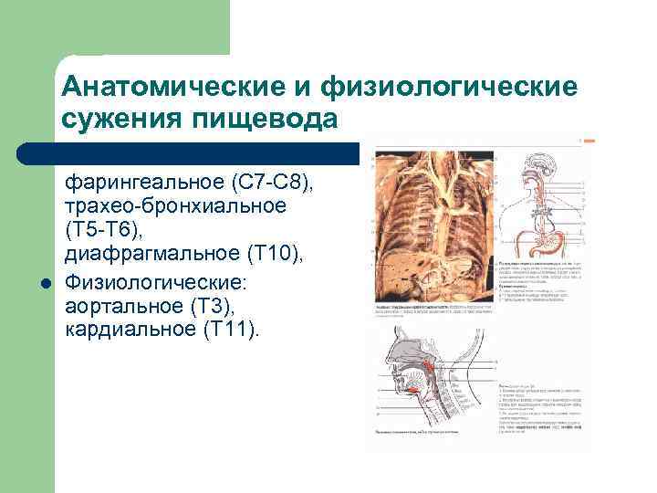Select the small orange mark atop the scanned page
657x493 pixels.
589,142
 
